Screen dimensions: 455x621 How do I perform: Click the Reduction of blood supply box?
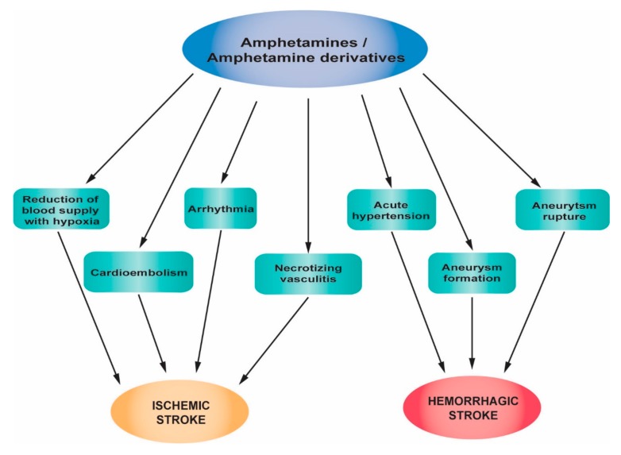[x=60, y=207]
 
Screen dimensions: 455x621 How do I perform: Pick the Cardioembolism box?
[x=139, y=272]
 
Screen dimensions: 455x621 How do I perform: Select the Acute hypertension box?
[x=391, y=209]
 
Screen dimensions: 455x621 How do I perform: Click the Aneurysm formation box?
[x=472, y=272]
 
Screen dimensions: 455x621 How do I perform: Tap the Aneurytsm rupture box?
[x=553, y=209]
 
